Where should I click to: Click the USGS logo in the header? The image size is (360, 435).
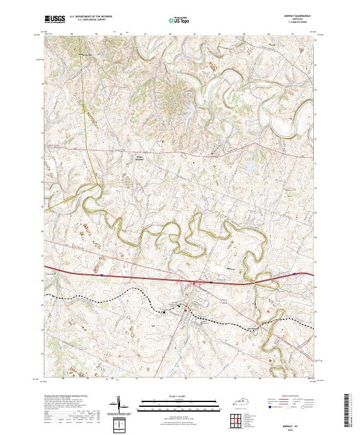click(55, 20)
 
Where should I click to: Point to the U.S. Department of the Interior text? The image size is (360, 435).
click(90, 17)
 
